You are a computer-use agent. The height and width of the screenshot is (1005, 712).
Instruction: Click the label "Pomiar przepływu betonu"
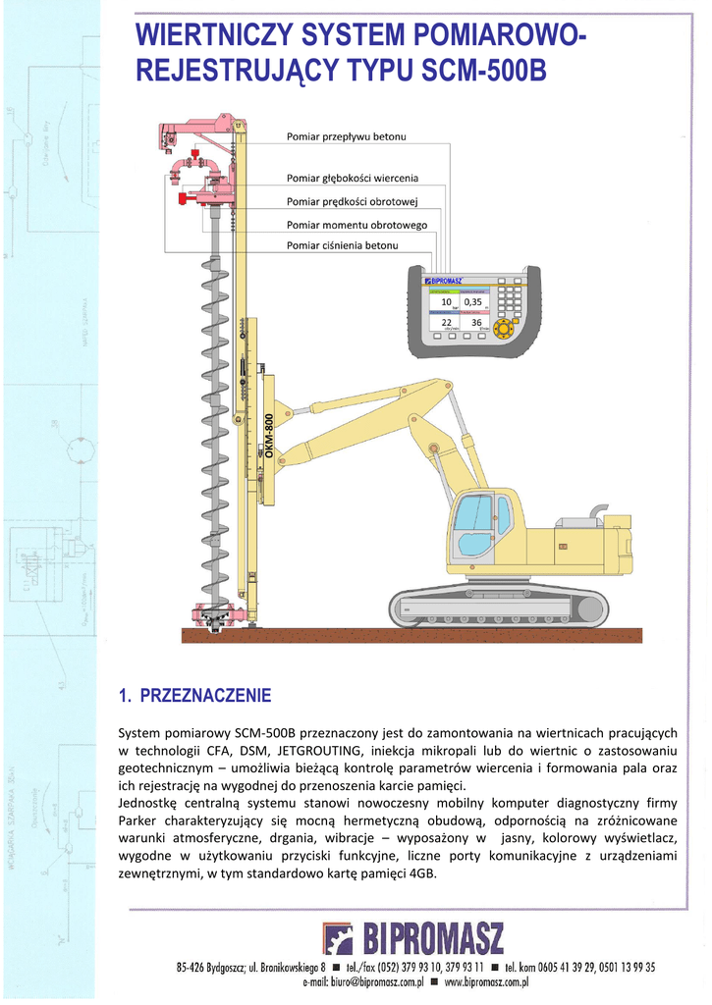click(x=346, y=135)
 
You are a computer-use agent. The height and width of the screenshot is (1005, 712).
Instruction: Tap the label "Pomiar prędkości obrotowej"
click(x=353, y=202)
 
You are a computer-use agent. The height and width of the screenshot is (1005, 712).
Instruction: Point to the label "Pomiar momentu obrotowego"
click(x=356, y=226)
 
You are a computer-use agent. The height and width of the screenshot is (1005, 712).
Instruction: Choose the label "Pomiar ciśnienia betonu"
click(x=342, y=245)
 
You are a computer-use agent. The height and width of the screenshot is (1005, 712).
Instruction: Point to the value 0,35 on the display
click(x=473, y=301)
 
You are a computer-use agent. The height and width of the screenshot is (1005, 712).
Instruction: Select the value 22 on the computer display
click(x=446, y=322)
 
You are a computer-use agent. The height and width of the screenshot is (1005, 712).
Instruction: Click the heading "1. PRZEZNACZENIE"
click(x=194, y=697)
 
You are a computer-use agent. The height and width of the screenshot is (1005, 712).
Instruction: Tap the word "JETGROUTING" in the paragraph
click(x=319, y=751)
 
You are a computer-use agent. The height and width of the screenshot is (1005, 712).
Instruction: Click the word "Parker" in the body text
click(x=137, y=820)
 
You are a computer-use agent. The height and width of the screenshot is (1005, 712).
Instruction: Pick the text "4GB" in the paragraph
click(x=421, y=874)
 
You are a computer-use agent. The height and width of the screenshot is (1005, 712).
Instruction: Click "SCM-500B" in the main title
click(x=483, y=73)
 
